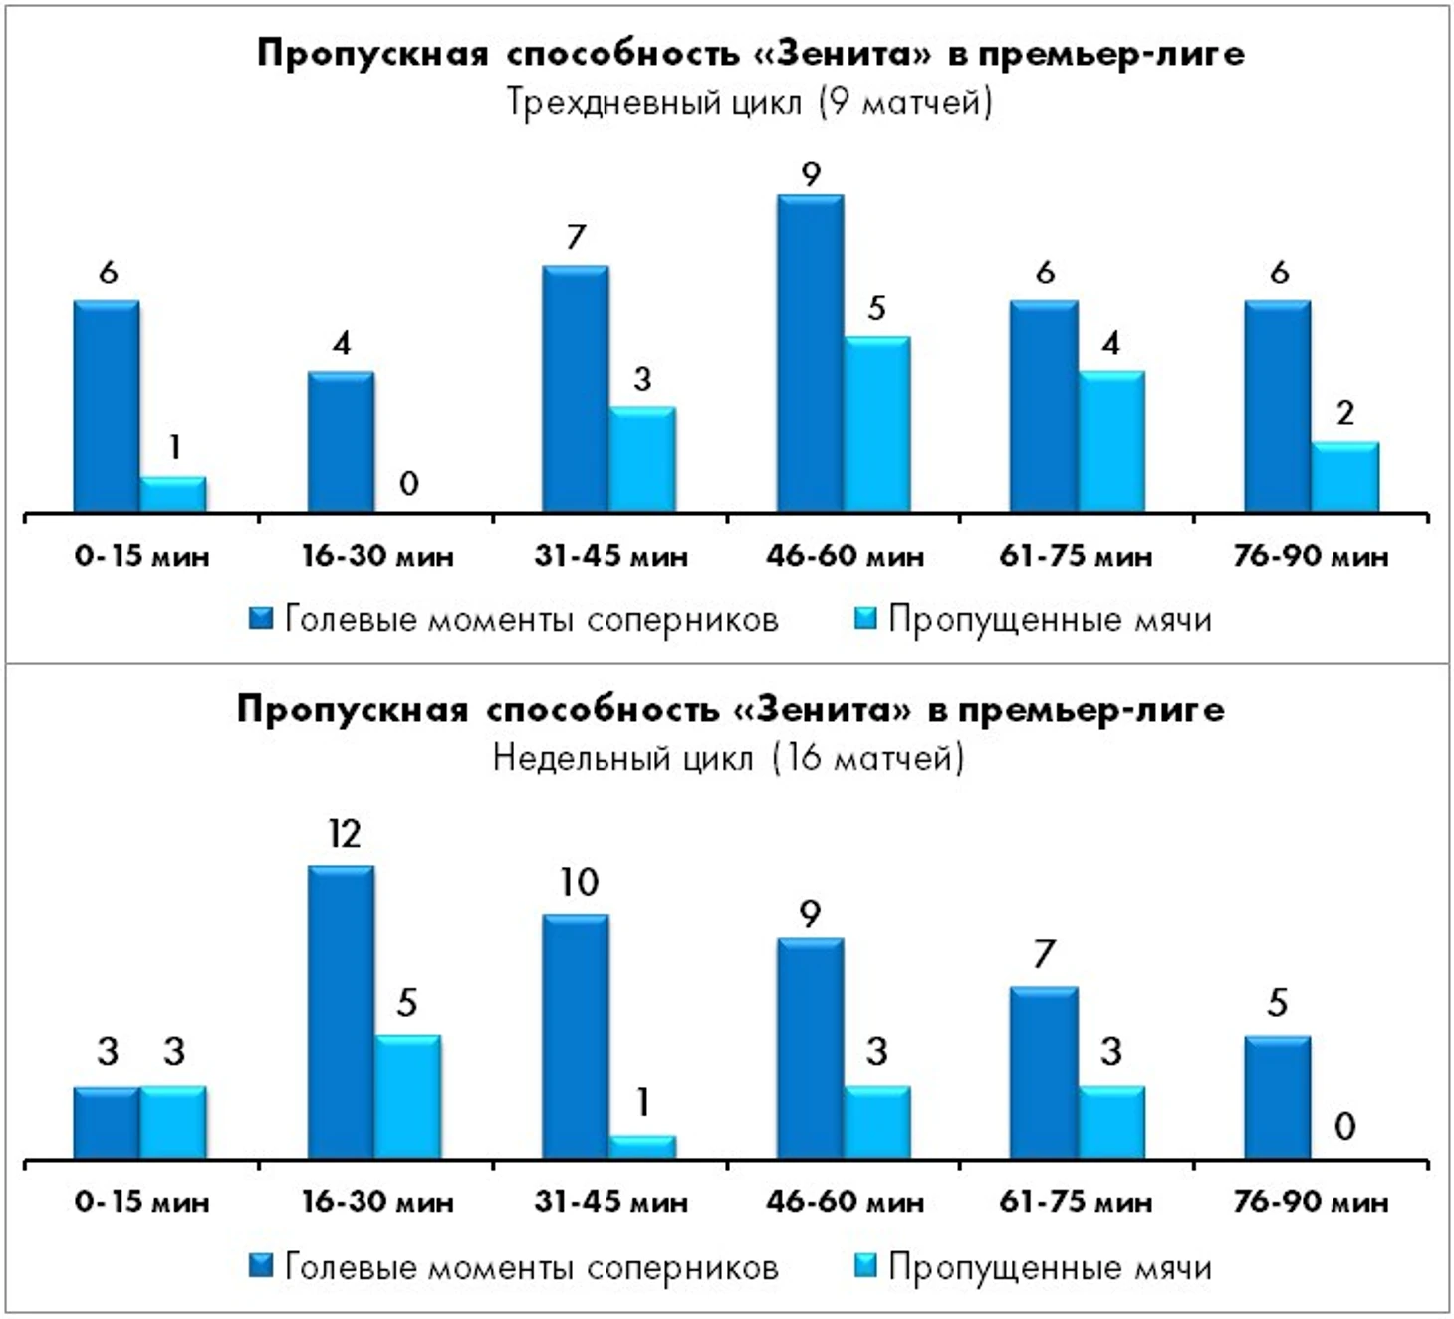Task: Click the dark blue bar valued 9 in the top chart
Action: tap(810, 354)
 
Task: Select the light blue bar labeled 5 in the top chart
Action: tap(876, 424)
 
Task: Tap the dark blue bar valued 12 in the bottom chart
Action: tap(341, 1011)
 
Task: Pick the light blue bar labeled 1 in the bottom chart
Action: tap(642, 1146)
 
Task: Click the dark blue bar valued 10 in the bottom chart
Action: tap(576, 1036)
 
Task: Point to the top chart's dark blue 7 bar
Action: tap(576, 389)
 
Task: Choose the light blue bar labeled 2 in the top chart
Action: tap(1344, 476)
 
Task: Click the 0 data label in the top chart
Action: tap(408, 484)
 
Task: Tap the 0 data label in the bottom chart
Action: tap(1344, 1127)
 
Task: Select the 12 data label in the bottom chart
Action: tap(344, 834)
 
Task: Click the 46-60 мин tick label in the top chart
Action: tap(845, 556)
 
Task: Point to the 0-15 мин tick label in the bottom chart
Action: tap(141, 1202)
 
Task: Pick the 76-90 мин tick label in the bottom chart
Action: tap(1310, 1202)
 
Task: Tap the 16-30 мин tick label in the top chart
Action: tap(377, 556)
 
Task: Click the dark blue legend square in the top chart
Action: tap(261, 619)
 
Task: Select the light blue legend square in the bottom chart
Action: tap(865, 1266)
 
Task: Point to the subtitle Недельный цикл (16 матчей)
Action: tap(728, 759)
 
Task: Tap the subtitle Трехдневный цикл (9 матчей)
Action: tap(749, 102)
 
